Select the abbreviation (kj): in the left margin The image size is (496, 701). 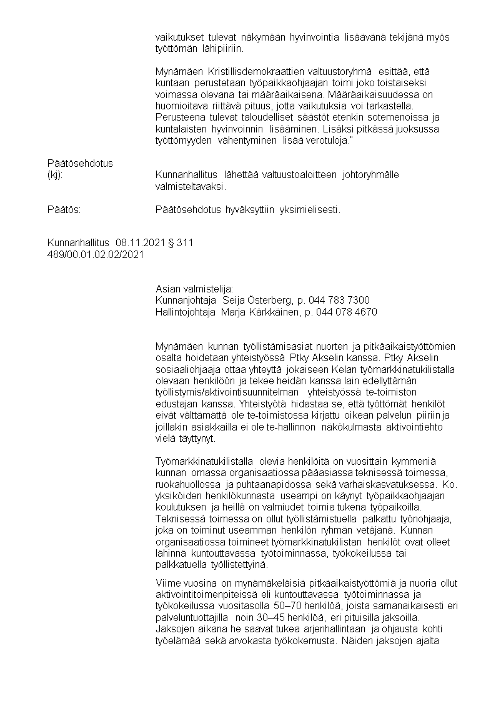click(55, 175)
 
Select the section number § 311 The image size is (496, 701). click(181, 243)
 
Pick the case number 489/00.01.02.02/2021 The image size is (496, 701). click(96, 254)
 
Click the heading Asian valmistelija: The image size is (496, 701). click(194, 289)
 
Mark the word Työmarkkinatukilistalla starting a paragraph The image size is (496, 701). click(206, 461)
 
